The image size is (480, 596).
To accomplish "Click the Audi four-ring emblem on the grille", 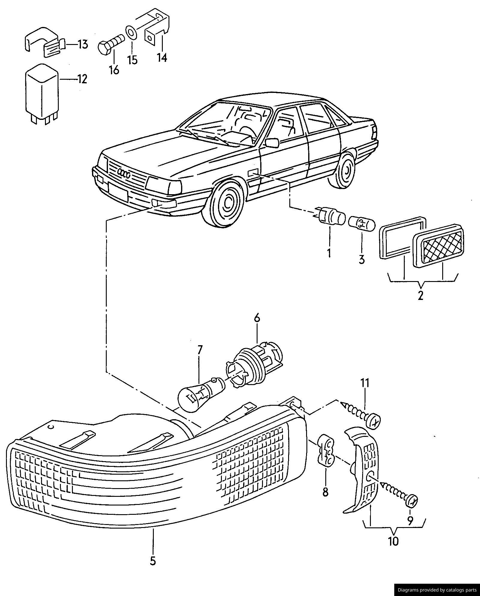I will [x=124, y=173].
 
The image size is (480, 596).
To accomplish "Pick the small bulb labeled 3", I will [x=362, y=225].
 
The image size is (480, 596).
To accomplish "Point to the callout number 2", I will [x=420, y=295].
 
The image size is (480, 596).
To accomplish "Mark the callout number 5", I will [x=153, y=561].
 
